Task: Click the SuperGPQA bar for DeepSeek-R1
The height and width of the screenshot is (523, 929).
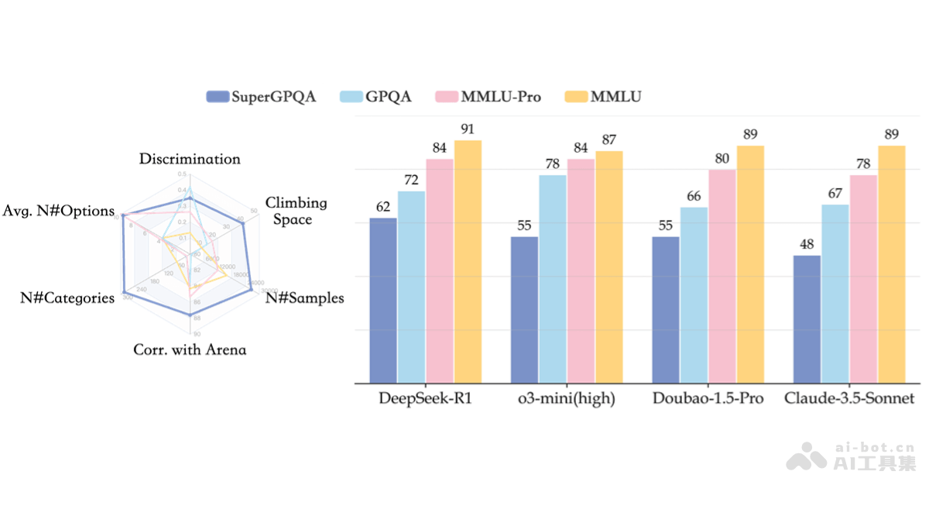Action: coord(383,301)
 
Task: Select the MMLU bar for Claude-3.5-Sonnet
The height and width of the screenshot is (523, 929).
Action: coord(892,264)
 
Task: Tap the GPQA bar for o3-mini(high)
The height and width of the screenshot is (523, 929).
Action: coord(553,279)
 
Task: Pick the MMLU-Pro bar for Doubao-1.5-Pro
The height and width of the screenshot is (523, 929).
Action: coord(722,276)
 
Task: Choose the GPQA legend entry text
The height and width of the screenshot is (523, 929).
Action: coord(388,97)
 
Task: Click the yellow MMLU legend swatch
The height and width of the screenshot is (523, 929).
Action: coord(576,97)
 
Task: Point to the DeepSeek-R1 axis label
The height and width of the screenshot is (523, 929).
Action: coord(425,399)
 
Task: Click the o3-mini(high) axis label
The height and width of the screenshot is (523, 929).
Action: coord(567,399)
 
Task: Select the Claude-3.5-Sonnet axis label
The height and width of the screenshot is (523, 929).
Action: coord(849,399)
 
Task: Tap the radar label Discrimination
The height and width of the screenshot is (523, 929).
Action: coord(190,159)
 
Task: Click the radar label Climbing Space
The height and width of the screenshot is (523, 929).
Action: coord(296,211)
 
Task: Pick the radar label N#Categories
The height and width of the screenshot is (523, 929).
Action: coord(67,298)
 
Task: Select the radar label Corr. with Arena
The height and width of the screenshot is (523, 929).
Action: coord(190,349)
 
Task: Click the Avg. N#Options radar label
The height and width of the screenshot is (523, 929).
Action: coord(58,211)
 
